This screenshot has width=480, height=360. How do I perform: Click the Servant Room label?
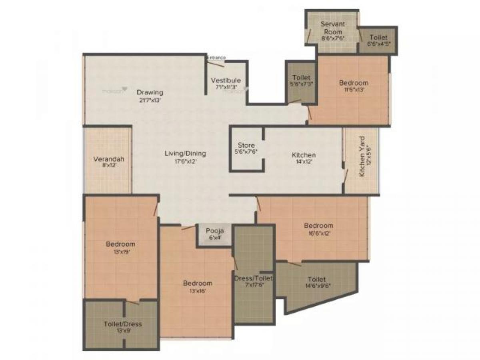click(333, 28)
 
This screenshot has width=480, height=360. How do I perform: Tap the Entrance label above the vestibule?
click(216, 58)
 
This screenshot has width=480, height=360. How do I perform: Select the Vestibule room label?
click(226, 80)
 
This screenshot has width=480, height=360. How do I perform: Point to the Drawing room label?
click(150, 92)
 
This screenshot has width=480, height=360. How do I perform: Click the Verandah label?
click(108, 159)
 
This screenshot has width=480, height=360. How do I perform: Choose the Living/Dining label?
click(186, 153)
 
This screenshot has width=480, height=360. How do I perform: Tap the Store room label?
click(246, 145)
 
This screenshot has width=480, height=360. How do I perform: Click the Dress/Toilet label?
click(254, 278)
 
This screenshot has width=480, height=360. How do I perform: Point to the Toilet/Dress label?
click(122, 324)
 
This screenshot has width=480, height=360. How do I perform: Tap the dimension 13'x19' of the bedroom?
click(120, 252)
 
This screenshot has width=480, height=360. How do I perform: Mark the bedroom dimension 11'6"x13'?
click(354, 90)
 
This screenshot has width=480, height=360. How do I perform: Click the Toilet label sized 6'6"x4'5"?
click(378, 37)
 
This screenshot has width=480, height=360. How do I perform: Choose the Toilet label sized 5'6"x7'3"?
click(302, 77)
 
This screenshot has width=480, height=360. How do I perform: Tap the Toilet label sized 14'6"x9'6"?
click(316, 279)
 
